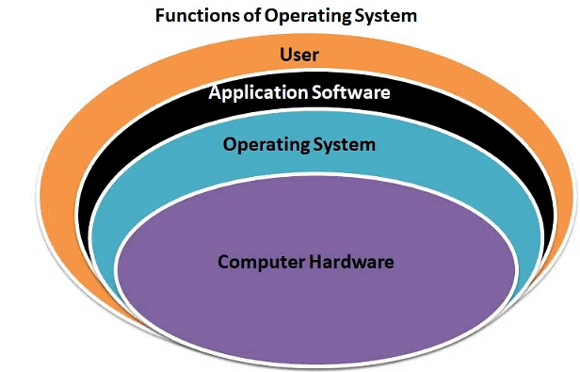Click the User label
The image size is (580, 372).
298,53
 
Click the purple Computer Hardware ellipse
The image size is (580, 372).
315,301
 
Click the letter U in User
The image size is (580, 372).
284,53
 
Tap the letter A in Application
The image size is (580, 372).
214,92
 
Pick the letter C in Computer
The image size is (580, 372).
223,261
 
